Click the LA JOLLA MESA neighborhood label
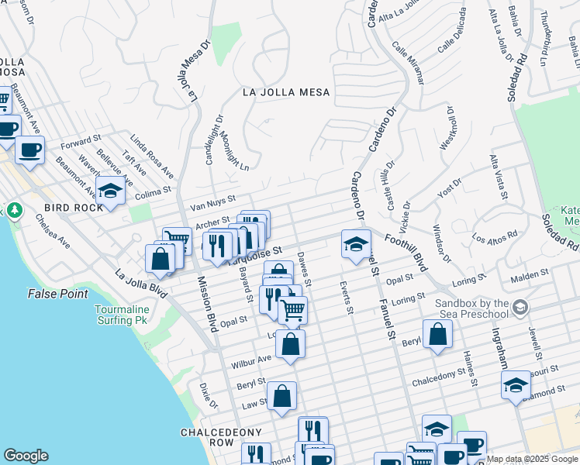(x=286, y=92)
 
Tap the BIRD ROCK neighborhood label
(x=74, y=208)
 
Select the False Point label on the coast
(x=58, y=294)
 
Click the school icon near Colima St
(x=111, y=191)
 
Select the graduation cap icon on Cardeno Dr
(x=355, y=244)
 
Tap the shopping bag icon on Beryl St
(x=437, y=334)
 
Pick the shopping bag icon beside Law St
(x=283, y=396)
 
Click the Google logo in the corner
(x=26, y=456)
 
